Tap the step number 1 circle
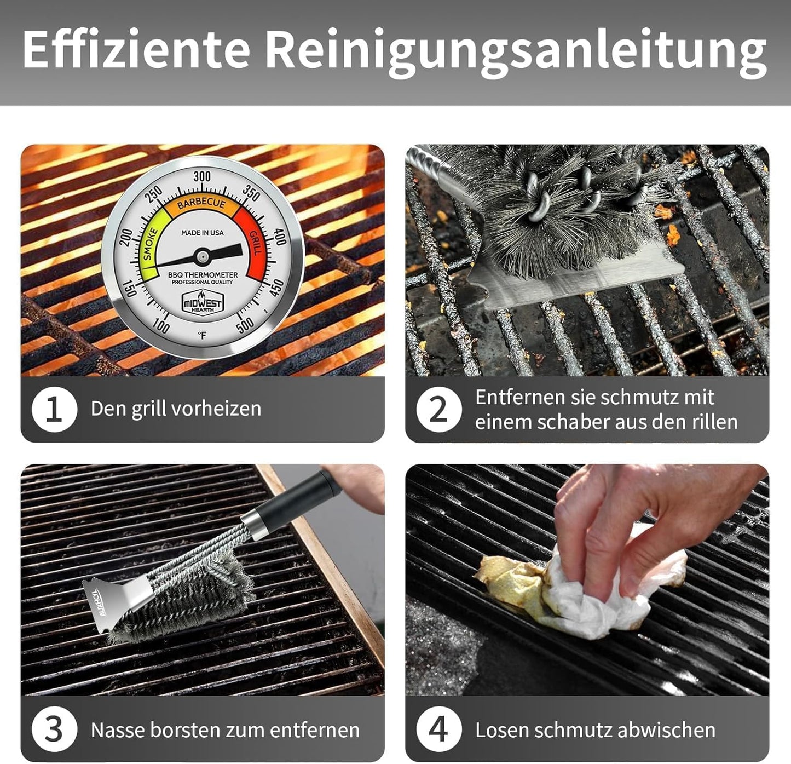point(54,410)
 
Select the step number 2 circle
point(439,410)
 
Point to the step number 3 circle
point(54,730)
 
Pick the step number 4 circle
point(439,730)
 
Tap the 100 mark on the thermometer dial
point(161,326)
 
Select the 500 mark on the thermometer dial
point(245,324)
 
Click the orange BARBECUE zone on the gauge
point(202,204)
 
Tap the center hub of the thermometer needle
point(202,256)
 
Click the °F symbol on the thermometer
point(202,335)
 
